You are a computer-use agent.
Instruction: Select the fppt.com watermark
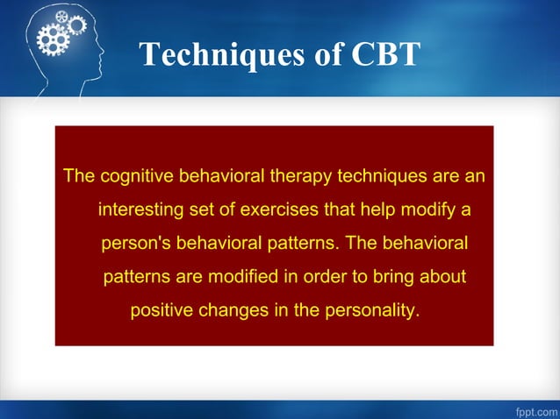[x=532, y=409]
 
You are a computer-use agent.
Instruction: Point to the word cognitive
[x=137, y=176]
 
